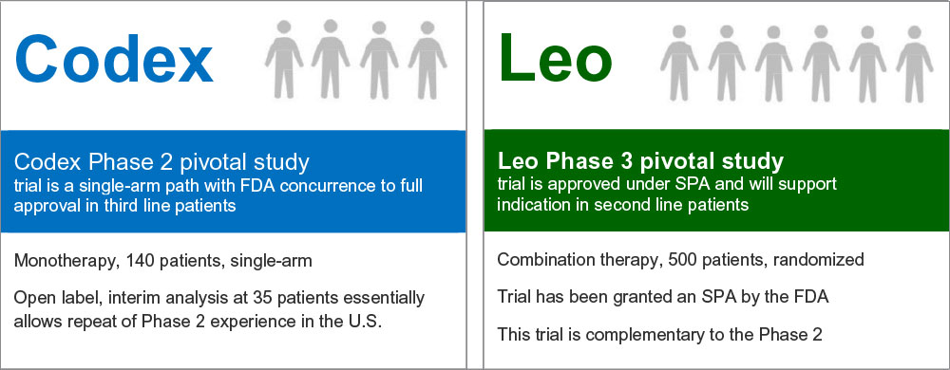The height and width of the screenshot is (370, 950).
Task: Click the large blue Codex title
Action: (113, 58)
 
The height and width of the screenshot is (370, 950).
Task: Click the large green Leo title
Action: (555, 58)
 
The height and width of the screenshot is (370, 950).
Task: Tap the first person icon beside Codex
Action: (283, 59)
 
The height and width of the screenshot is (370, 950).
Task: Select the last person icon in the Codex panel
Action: (427, 59)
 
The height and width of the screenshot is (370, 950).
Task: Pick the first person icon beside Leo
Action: (679, 64)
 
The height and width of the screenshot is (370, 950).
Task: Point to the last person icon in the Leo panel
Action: (914, 64)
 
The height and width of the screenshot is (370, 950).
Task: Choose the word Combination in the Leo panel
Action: (545, 260)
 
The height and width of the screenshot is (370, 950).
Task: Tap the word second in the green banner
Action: (619, 204)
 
